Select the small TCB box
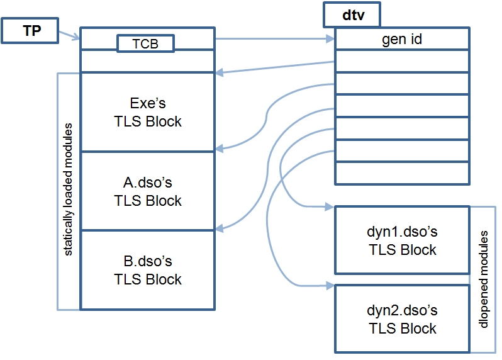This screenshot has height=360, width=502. (145, 43)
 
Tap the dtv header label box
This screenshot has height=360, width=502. (353, 14)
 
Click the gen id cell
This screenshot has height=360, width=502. (402, 40)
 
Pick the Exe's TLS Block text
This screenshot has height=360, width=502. (147, 112)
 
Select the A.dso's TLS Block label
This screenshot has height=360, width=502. (147, 191)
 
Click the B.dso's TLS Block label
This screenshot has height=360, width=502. (147, 270)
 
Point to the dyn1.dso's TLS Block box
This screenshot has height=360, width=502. (402, 240)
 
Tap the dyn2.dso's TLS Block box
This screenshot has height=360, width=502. (402, 319)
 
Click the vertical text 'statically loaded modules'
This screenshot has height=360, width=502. (69, 189)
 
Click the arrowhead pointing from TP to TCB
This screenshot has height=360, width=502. (76, 39)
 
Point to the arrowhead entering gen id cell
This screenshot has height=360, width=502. (330, 39)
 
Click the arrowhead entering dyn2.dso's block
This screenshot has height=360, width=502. (330, 286)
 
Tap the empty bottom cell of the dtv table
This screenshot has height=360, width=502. (402, 172)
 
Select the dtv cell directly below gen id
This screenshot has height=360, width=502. (402, 61)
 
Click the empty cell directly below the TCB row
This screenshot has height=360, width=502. (147, 62)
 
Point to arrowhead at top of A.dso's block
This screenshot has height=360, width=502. (219, 149)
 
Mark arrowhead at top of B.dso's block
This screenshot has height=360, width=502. (219, 228)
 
